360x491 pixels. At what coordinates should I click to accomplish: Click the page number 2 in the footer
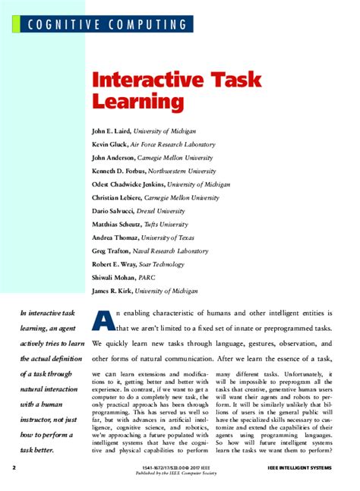pyautogui.click(x=13, y=467)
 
